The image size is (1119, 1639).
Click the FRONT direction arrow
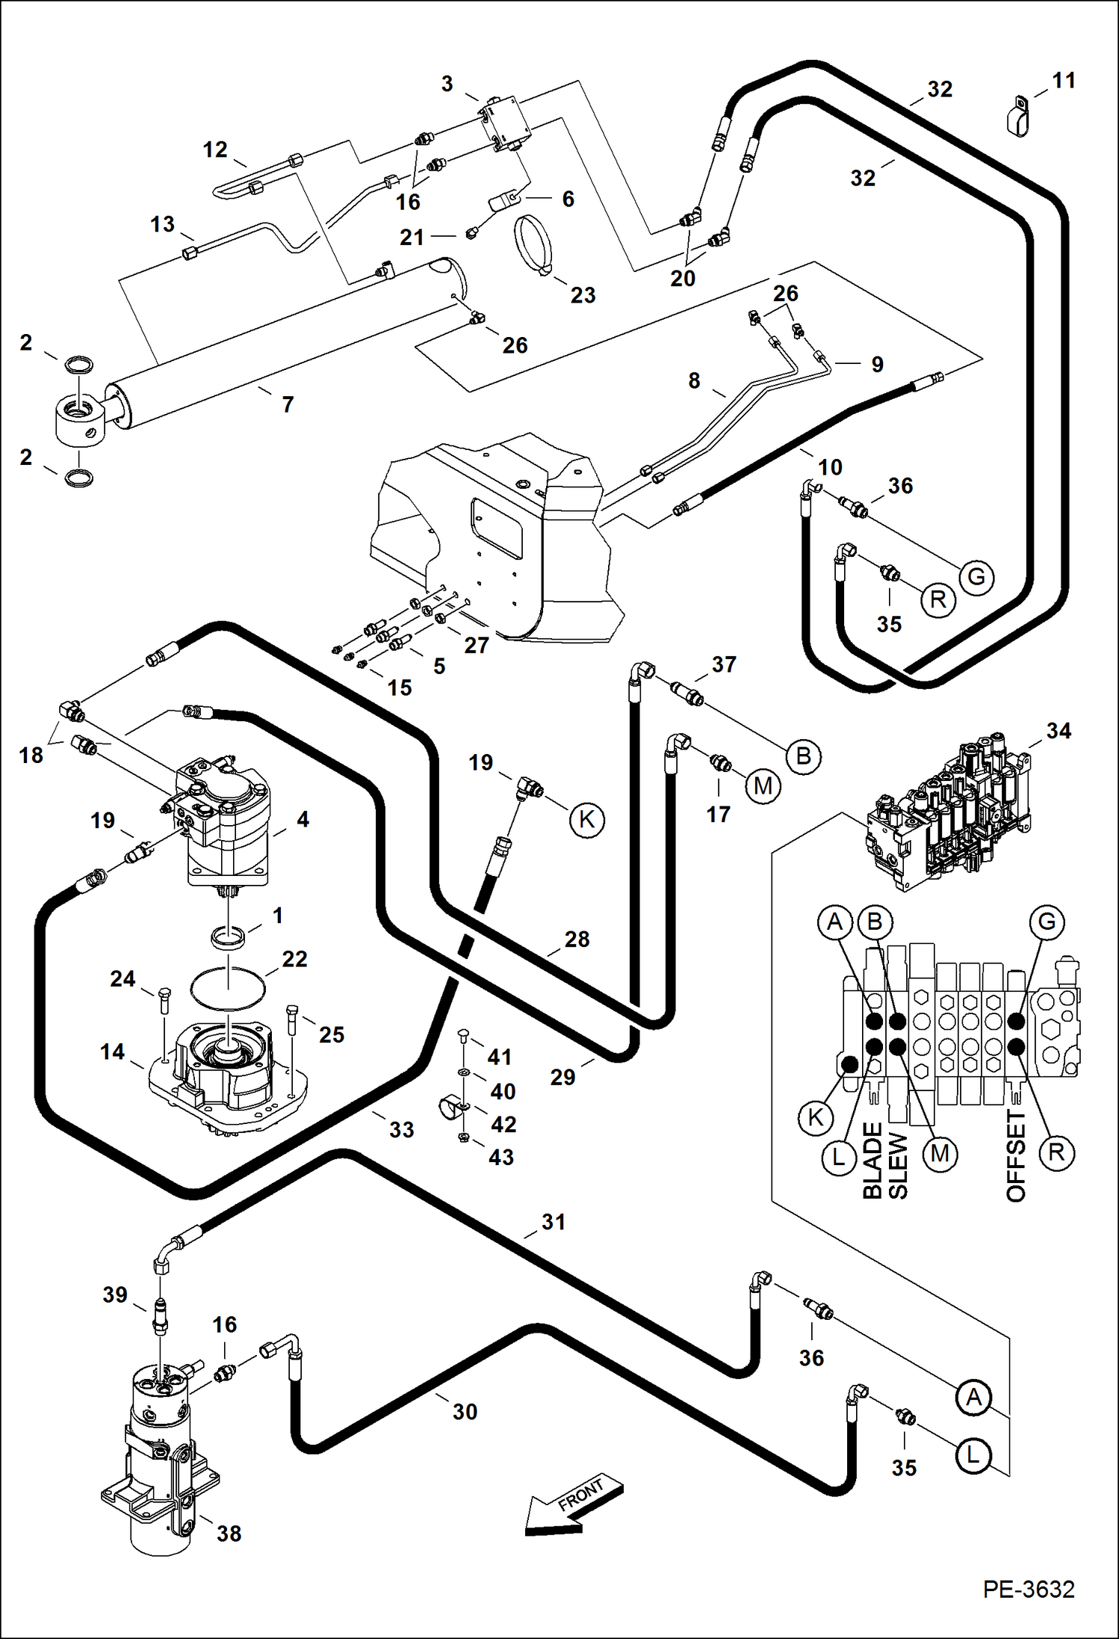coord(574,1504)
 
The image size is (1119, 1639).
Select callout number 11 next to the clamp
coord(1064,81)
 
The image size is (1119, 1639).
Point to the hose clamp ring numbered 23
coord(533,244)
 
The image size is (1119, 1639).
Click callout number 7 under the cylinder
coord(288,404)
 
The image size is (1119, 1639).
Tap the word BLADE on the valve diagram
coord(872,1161)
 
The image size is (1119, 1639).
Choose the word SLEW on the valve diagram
coord(897,1166)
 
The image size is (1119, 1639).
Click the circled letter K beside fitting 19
coord(586,820)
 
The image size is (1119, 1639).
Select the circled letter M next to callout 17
coord(763,785)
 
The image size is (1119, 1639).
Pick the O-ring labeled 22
coord(229,988)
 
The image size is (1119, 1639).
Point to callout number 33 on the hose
coord(401,1129)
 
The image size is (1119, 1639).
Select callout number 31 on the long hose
coord(554,1222)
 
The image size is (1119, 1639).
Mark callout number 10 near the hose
coord(830,467)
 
